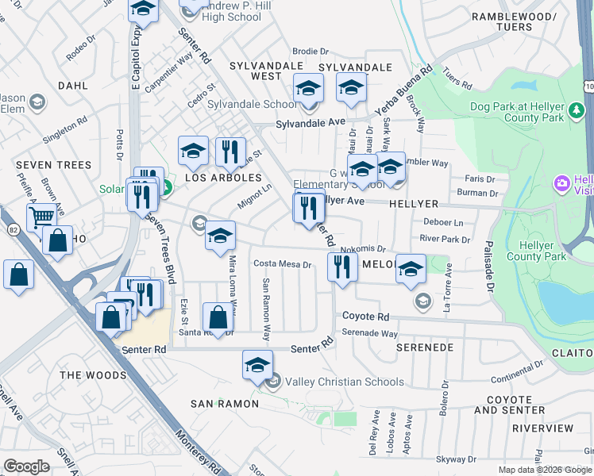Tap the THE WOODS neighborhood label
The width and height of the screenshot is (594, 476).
point(93,375)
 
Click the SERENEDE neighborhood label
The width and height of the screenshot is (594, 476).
point(425,347)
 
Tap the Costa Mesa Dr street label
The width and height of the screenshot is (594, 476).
point(282,263)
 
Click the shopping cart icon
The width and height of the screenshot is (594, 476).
point(41,217)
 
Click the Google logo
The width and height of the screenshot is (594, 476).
point(27,466)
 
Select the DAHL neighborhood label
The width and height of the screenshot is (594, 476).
point(72,85)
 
